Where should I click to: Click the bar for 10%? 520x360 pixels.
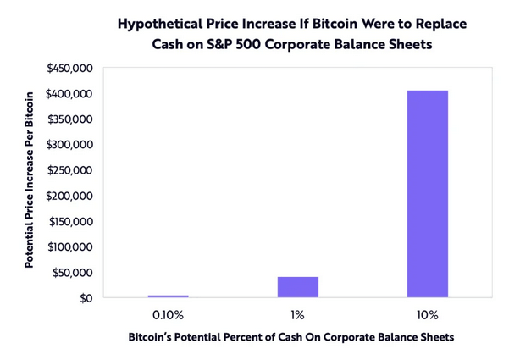point(427,194)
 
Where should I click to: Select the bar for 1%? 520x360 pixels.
point(298,287)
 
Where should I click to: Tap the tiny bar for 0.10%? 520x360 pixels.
point(169,296)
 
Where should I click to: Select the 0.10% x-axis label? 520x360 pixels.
point(169,315)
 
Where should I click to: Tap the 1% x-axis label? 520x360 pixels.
point(298,315)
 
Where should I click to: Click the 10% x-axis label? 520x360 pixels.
point(427,315)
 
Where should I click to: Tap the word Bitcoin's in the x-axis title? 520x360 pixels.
point(153,337)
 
